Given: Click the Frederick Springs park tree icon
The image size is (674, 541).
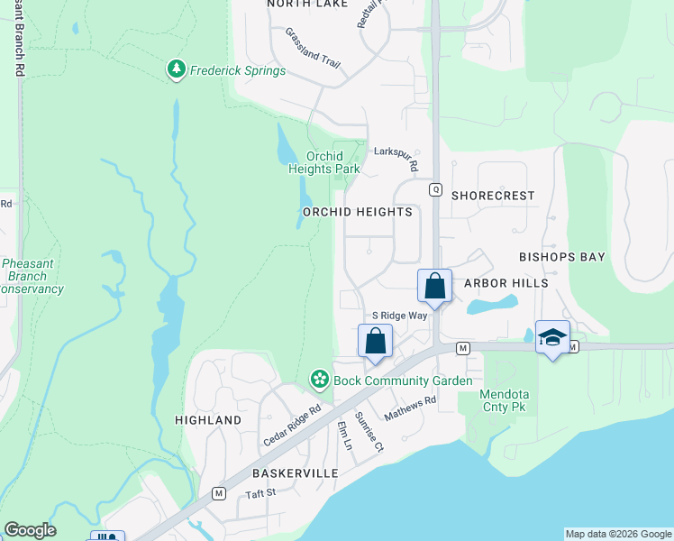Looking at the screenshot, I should click(177, 70).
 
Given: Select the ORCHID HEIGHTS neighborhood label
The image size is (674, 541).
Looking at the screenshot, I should click(358, 213).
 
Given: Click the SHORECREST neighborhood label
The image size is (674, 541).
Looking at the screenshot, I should click(493, 196).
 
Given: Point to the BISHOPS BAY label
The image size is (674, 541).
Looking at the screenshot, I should click(562, 257).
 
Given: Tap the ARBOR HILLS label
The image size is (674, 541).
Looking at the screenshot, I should click(505, 283).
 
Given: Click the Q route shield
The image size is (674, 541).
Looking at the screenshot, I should click(435, 189).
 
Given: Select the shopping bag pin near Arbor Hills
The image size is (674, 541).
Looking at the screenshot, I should click(434, 287).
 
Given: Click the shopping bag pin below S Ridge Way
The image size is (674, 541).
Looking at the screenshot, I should click(375, 342).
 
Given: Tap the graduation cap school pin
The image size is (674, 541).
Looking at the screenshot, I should click(552, 337).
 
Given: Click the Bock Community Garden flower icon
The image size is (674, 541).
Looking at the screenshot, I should click(319, 381).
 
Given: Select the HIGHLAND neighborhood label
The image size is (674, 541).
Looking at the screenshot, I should click(209, 420).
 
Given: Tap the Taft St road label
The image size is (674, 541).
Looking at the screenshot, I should click(260, 494).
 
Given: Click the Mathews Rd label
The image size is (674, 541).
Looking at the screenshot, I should click(410, 409).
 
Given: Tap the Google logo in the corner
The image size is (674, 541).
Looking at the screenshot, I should click(30, 530).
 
